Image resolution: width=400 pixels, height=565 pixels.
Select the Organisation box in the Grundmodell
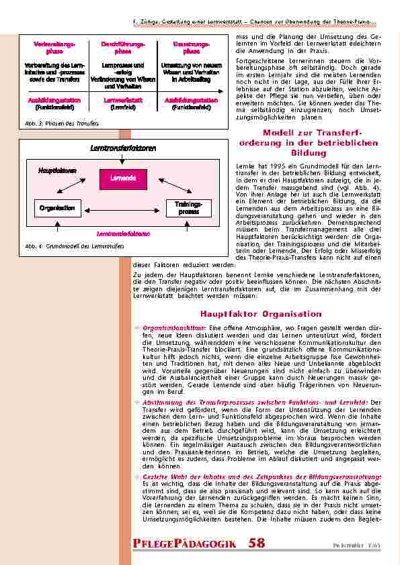tap(57, 208)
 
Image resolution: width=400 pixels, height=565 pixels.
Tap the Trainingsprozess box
tap(188, 207)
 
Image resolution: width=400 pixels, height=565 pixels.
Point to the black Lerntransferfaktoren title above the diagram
tap(123, 148)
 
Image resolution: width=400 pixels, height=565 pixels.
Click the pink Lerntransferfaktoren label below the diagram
tap(123, 234)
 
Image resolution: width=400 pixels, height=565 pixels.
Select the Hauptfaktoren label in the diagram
tap(57, 171)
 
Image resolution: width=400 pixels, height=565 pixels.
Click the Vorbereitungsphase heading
tap(49, 47)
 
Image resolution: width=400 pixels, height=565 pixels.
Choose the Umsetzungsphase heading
tap(191, 47)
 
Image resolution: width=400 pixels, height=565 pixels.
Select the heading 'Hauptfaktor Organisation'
tap(261, 314)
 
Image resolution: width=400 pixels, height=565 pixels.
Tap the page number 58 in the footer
tap(256, 542)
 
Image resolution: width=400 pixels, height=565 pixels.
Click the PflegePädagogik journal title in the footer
tap(184, 543)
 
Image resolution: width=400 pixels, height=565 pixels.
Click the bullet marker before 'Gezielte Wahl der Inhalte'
tap(138, 476)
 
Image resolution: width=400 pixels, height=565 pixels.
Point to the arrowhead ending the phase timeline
tap(223, 91)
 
